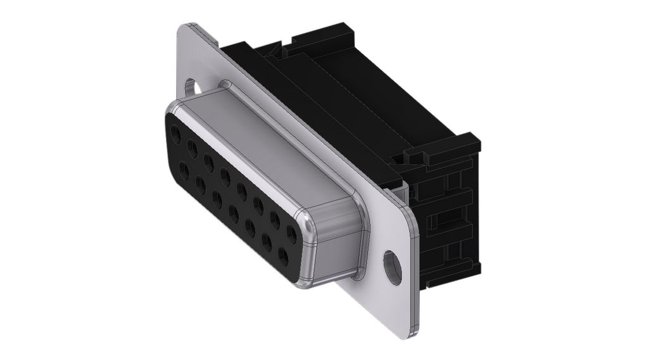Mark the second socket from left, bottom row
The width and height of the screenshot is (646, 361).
click(x=201, y=184)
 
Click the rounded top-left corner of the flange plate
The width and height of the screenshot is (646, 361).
click(x=186, y=29)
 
